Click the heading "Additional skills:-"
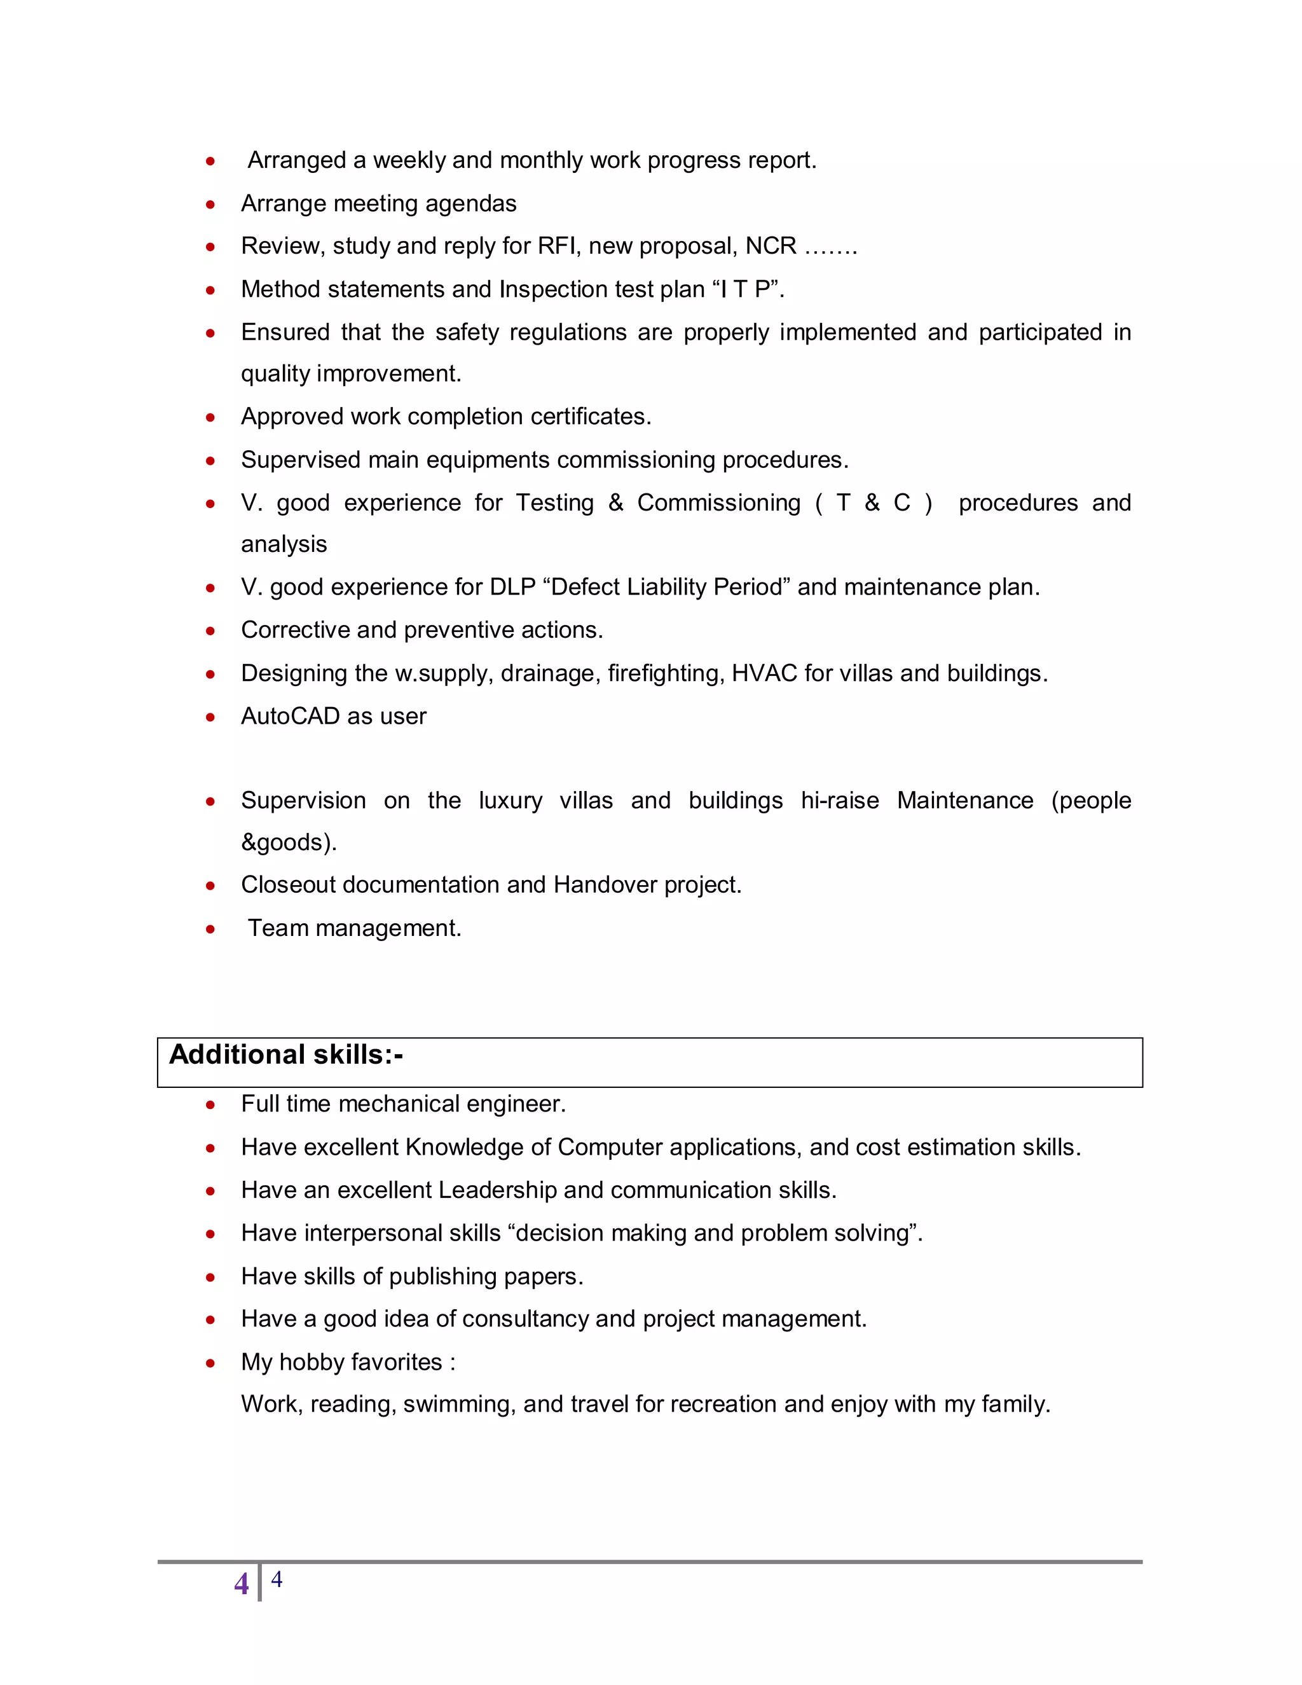coord(285,1055)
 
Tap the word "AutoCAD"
coord(290,716)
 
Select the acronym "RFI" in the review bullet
coord(559,246)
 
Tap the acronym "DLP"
coord(512,587)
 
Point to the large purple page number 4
coord(242,1584)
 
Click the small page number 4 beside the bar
coord(276,1579)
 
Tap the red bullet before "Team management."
coord(210,929)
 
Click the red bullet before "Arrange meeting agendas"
coord(210,205)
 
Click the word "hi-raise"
coord(839,801)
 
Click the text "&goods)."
coord(289,842)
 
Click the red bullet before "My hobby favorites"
coord(210,1363)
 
